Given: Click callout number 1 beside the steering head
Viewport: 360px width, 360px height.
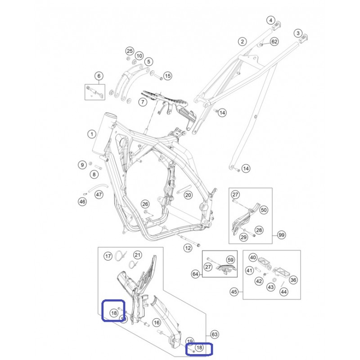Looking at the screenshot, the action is (x=92, y=134).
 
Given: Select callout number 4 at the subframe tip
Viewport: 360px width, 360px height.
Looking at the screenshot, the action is (x=271, y=20).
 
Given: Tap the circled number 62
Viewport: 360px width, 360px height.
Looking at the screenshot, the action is (x=274, y=41).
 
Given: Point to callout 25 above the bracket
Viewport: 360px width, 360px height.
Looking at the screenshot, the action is (x=130, y=51).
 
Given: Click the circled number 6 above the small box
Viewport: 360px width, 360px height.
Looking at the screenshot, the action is (x=99, y=76).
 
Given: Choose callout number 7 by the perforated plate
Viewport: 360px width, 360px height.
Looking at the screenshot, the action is (x=143, y=102).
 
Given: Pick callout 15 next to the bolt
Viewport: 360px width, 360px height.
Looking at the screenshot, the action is (x=167, y=76).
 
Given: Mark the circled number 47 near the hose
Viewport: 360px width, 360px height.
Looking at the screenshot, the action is (x=99, y=195).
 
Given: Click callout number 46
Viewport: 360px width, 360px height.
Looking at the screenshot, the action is (x=82, y=202).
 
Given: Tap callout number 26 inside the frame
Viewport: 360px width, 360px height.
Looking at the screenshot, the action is (x=145, y=204).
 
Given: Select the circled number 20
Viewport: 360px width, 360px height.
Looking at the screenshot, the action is (x=188, y=195).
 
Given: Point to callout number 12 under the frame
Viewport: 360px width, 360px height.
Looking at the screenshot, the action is (x=188, y=248).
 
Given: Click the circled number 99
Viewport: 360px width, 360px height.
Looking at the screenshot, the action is (x=282, y=235).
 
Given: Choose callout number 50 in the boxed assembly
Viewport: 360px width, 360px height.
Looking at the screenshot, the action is (x=264, y=210).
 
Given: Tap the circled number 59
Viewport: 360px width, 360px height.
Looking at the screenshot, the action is (x=230, y=260).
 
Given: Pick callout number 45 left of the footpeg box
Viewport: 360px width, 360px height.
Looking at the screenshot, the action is (x=234, y=292).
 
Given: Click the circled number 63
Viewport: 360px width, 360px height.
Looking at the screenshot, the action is (x=215, y=334).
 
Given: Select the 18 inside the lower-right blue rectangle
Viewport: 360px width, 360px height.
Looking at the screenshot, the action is (x=199, y=347).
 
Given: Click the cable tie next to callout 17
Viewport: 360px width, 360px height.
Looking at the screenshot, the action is (x=121, y=256).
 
